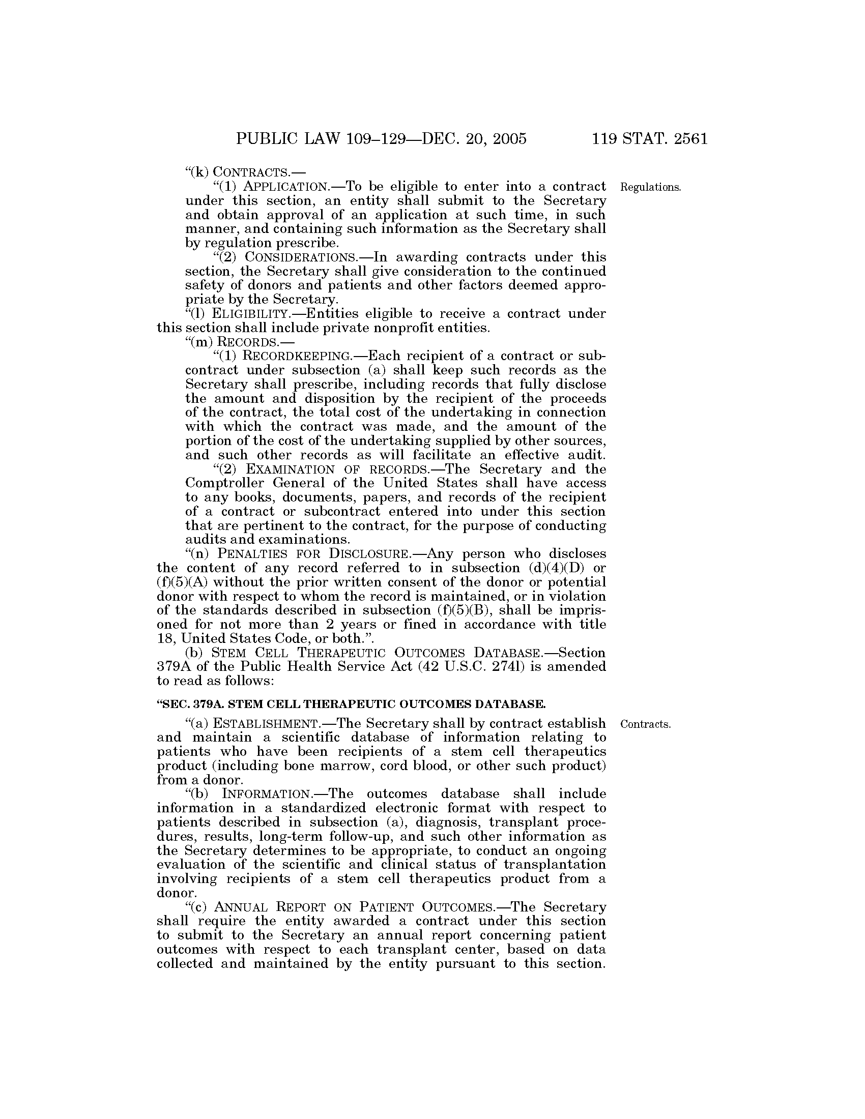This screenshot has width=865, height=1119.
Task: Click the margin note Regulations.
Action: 650,187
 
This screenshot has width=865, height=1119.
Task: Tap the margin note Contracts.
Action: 645,724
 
